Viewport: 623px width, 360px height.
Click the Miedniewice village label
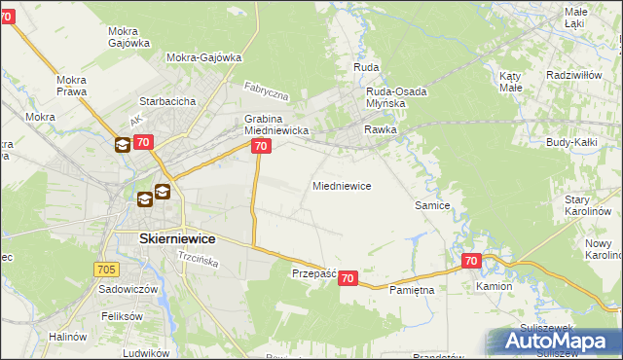pyautogui.click(x=341, y=186)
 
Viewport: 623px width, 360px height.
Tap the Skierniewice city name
pyautogui.click(x=164, y=238)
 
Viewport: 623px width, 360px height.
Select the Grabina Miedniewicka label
pyautogui.click(x=275, y=125)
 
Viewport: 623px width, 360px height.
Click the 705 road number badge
pyautogui.click(x=107, y=269)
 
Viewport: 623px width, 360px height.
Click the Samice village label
pyautogui.click(x=432, y=206)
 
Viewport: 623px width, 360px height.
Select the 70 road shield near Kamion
pyautogui.click(x=471, y=261)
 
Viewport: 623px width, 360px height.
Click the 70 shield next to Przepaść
pyautogui.click(x=349, y=279)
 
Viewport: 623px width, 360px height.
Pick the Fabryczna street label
pyautogui.click(x=267, y=92)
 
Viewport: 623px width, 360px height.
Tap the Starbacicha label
pyautogui.click(x=168, y=101)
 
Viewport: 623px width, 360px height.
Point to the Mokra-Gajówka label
pyautogui.click(x=203, y=57)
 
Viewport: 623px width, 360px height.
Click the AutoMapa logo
pyautogui.click(x=554, y=342)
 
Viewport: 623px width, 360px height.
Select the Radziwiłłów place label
pyautogui.click(x=578, y=75)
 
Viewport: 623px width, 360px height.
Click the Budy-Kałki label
pyautogui.click(x=571, y=142)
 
